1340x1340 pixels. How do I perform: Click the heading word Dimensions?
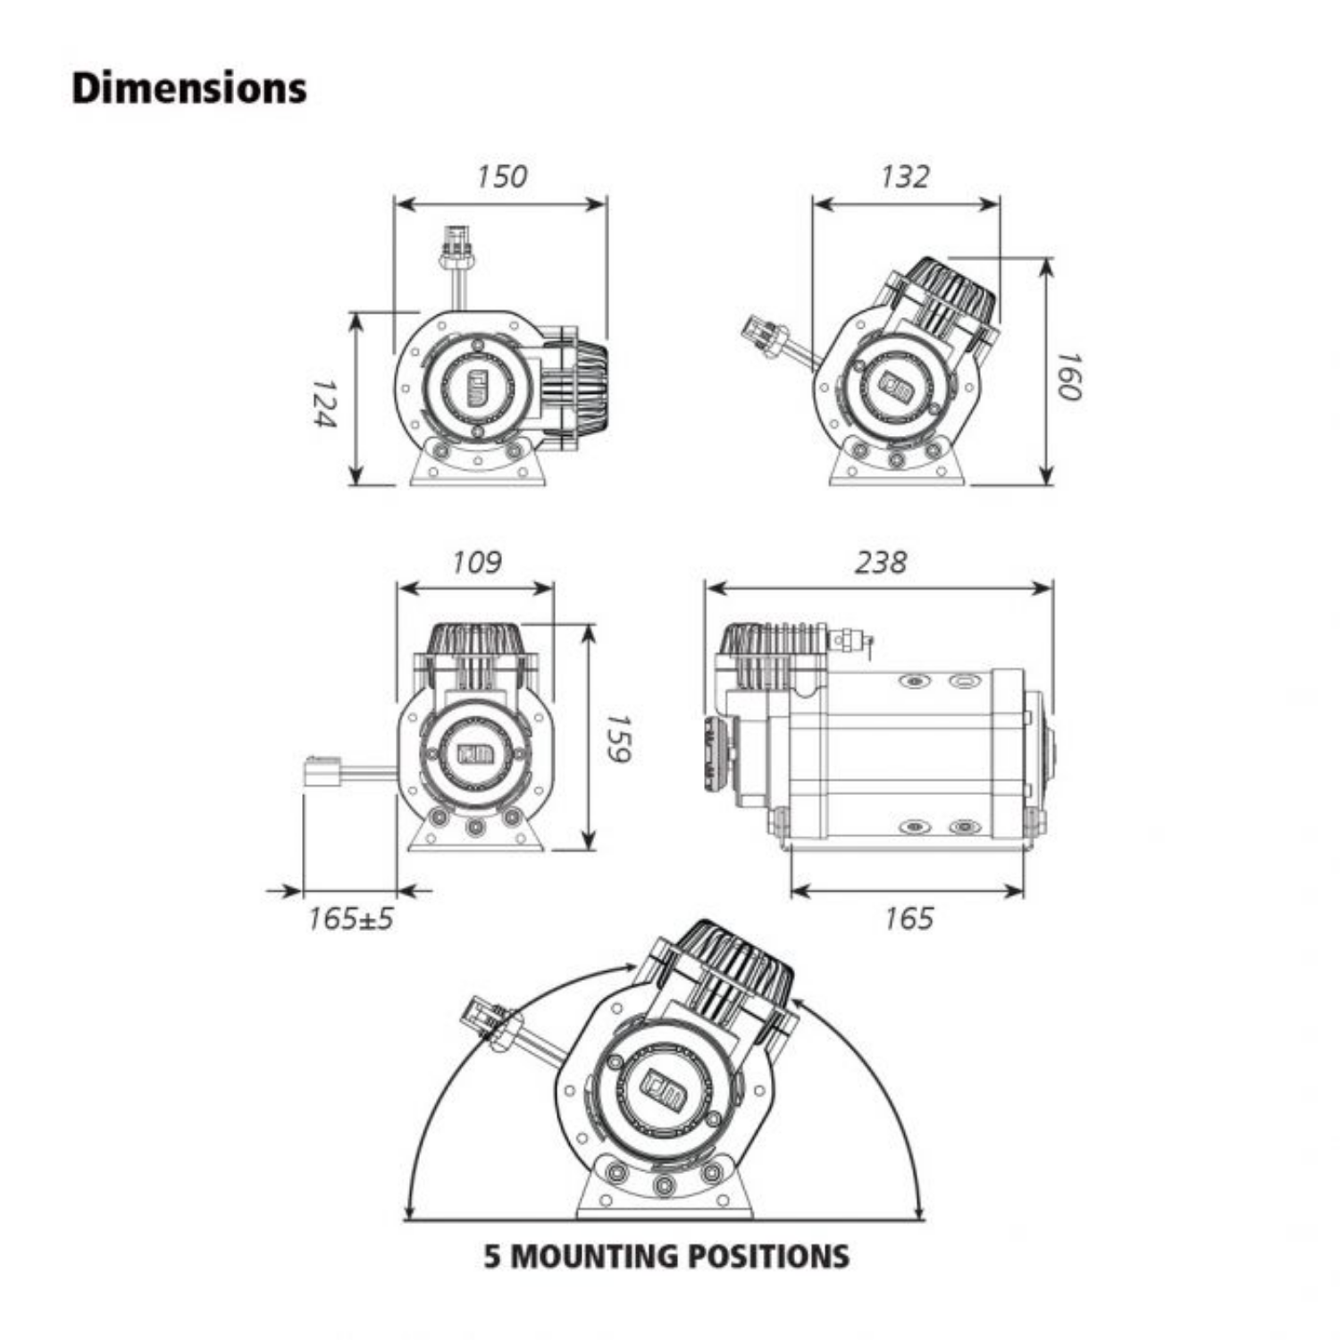(x=189, y=88)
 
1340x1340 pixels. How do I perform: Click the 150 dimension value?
(x=501, y=176)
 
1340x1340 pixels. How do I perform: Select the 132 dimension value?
(x=904, y=176)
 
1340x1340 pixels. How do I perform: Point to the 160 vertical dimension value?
(x=1069, y=375)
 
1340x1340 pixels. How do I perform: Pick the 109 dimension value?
(x=476, y=562)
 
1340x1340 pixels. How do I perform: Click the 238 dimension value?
(x=880, y=562)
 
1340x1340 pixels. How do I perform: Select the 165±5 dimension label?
(x=350, y=918)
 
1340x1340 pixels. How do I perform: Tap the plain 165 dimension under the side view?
(x=909, y=918)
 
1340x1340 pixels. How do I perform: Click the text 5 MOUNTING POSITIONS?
(x=666, y=1256)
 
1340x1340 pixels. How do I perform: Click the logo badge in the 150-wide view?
(x=475, y=388)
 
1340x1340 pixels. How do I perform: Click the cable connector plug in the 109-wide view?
(x=322, y=771)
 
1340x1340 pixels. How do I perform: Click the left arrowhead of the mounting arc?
(x=410, y=1212)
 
